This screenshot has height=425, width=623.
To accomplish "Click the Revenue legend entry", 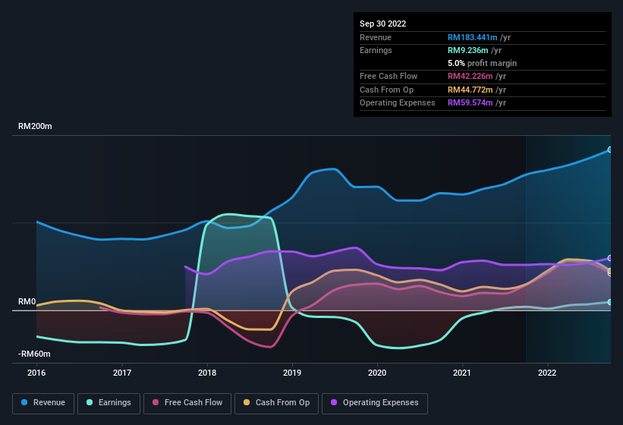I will (42, 402).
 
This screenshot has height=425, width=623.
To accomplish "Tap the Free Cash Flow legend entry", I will (187, 402).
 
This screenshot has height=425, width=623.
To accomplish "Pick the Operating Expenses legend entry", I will (374, 402).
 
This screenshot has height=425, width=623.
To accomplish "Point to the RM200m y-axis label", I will (35, 127).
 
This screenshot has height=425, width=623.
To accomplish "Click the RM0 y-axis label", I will (27, 302).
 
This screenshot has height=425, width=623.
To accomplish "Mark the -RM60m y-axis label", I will (34, 354).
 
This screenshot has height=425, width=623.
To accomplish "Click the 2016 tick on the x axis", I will (36, 373).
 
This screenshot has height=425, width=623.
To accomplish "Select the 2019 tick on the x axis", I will (292, 373).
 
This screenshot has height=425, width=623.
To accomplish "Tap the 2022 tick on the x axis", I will (547, 373).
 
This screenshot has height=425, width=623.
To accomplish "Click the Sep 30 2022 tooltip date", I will (383, 24).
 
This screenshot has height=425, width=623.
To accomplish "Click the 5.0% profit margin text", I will (482, 63).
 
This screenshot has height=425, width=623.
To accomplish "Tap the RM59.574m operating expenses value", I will (473, 102).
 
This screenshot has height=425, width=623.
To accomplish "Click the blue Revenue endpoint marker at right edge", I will (610, 150).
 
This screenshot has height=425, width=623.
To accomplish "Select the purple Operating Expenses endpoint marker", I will (610, 258).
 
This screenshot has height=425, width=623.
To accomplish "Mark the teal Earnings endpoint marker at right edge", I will (610, 302).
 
